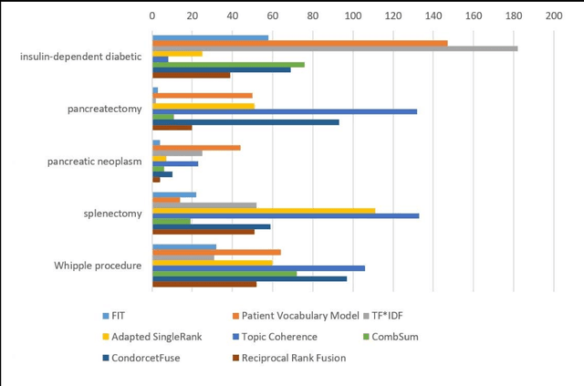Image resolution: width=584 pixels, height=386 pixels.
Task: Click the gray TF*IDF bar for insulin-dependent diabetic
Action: click(x=334, y=48)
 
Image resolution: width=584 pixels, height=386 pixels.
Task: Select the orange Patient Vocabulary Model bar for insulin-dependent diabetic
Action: click(x=299, y=43)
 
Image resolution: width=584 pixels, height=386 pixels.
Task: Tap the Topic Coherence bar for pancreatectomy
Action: click(x=284, y=111)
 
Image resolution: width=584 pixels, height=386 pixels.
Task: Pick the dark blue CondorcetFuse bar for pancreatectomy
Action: click(x=245, y=121)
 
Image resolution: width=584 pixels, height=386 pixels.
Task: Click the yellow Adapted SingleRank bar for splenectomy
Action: click(x=264, y=210)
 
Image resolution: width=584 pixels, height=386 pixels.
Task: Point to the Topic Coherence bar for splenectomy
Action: click(x=285, y=215)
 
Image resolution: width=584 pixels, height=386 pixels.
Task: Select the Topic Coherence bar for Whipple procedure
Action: click(x=258, y=268)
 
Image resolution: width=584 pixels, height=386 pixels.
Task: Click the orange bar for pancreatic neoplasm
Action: click(x=196, y=148)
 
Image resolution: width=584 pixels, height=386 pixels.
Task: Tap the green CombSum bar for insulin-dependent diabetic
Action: click(x=228, y=64)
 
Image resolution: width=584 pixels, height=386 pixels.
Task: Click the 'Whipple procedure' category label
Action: click(x=98, y=266)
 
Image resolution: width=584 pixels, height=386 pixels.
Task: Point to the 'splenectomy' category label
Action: click(x=111, y=214)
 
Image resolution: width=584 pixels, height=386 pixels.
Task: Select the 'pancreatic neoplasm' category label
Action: click(x=94, y=162)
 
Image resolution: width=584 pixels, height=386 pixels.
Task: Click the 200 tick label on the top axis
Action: click(x=553, y=16)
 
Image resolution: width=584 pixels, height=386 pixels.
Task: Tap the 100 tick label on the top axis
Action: click(x=352, y=16)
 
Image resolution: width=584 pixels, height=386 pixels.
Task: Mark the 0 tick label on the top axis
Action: click(x=152, y=16)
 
